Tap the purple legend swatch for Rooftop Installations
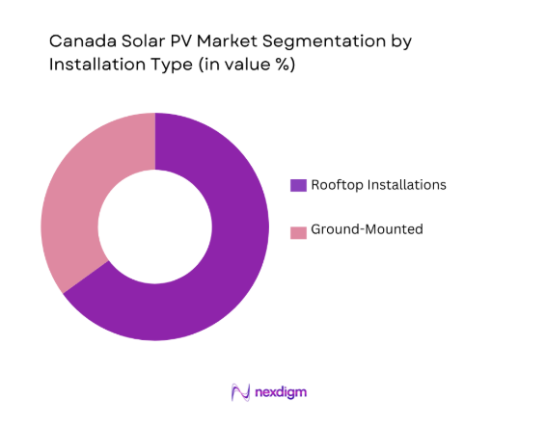coord(299,184)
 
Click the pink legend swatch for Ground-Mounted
coord(299,231)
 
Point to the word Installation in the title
coord(93,66)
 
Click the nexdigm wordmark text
coord(282,392)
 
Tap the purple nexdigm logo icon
coord(241,392)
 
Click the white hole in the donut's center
coord(154,226)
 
